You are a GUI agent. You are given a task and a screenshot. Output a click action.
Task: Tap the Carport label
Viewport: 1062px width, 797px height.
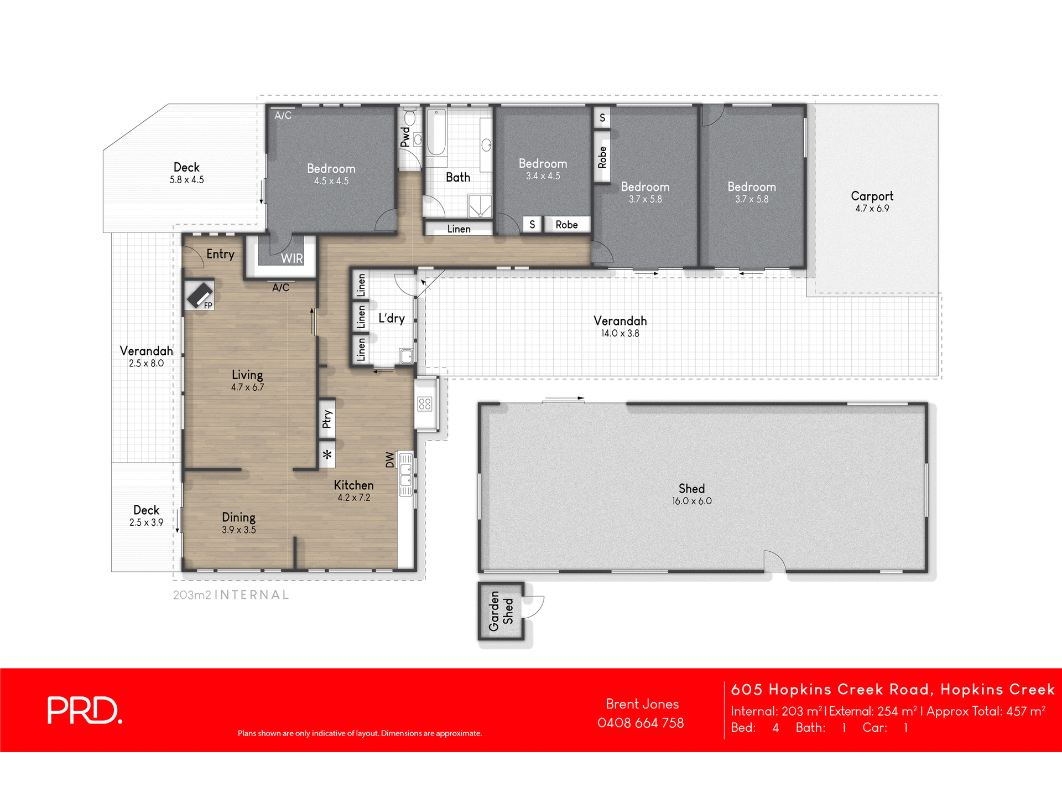click(x=872, y=196)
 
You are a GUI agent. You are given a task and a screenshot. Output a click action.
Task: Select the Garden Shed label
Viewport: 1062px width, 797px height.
click(x=501, y=611)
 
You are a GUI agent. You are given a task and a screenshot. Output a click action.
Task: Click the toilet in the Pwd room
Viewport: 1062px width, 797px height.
click(x=410, y=118)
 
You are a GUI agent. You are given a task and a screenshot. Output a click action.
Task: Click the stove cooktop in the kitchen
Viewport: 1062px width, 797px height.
click(x=425, y=403)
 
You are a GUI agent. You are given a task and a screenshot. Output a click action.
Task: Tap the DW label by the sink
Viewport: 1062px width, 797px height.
click(x=390, y=459)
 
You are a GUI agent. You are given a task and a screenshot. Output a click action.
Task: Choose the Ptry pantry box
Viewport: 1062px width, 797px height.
click(x=327, y=419)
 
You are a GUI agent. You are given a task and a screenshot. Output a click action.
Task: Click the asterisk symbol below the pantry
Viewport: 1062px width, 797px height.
click(x=327, y=455)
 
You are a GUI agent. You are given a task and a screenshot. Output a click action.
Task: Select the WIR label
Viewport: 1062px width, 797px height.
click(x=291, y=258)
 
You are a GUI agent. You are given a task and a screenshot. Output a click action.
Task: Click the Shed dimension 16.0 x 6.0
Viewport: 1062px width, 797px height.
click(x=691, y=501)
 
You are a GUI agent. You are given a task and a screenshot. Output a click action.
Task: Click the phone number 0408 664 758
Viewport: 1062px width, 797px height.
click(x=641, y=723)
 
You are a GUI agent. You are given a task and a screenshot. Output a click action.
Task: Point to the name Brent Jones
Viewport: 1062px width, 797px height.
click(x=642, y=704)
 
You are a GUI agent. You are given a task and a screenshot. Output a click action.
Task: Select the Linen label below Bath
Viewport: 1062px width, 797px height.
click(x=459, y=229)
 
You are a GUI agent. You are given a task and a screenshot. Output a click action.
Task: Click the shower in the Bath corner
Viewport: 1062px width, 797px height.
click(x=480, y=206)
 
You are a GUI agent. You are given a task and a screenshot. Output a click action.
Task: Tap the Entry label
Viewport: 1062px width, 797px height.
click(x=220, y=254)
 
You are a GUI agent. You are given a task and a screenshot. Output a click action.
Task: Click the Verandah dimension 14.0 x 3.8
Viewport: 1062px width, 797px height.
click(x=620, y=333)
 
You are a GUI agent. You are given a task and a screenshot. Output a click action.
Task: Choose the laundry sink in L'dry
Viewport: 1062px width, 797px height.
click(x=407, y=356)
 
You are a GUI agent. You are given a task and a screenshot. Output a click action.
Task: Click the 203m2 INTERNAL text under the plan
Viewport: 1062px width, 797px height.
click(x=231, y=595)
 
